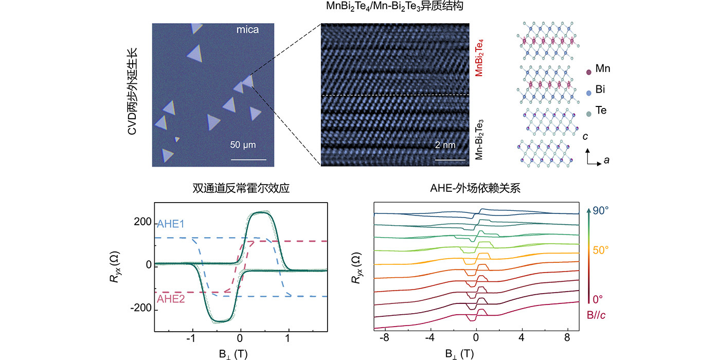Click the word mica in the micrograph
[247, 30]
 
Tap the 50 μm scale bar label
[243, 145]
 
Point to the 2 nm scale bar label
[445, 145]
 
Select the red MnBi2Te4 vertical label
[479, 58]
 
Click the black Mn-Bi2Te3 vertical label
[479, 139]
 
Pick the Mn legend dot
[588, 72]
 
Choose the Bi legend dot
[588, 93]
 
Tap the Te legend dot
[588, 114]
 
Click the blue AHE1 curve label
[170, 224]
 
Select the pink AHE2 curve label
[171, 299]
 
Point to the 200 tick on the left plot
[142, 222]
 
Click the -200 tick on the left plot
[141, 308]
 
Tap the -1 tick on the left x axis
[191, 338]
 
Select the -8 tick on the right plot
[384, 337]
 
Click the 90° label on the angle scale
[601, 210]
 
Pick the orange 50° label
[601, 250]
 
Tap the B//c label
[596, 315]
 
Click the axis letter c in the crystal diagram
[585, 137]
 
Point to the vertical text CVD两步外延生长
[132, 92]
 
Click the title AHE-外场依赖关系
[475, 188]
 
